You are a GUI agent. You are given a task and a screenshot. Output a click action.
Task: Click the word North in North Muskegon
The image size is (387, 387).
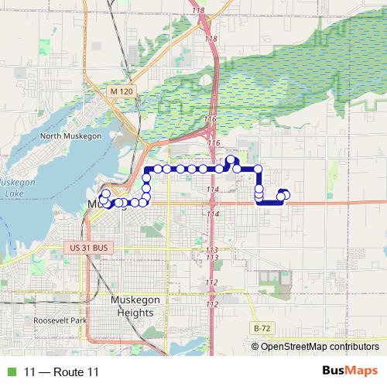53,136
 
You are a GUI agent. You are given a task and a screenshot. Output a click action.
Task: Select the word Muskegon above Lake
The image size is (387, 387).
22,182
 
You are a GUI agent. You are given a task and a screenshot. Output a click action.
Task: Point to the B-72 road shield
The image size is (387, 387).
262,328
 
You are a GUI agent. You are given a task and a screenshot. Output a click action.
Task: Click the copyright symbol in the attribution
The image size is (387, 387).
256,346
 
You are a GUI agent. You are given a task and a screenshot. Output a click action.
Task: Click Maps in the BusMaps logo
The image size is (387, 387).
363,371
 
